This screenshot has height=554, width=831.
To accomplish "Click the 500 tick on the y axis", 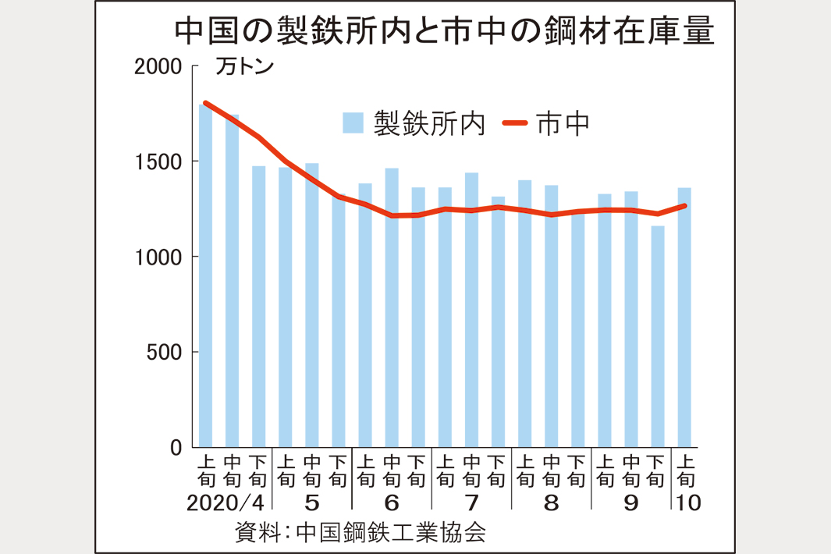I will [164, 353].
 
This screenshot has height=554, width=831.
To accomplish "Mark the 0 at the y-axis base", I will [176, 448].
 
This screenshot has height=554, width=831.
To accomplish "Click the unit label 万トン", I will [244, 67].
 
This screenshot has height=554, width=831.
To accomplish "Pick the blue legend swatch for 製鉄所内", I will [353, 123].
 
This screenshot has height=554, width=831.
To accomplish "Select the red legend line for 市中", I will [514, 123].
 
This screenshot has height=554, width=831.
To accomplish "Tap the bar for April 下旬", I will [259, 307].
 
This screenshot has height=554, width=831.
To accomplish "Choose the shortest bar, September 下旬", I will [658, 336].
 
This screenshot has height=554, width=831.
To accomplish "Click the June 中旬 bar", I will [392, 307].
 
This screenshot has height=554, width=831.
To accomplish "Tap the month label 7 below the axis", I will [471, 503].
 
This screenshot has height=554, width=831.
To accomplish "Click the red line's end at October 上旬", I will [684, 206].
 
